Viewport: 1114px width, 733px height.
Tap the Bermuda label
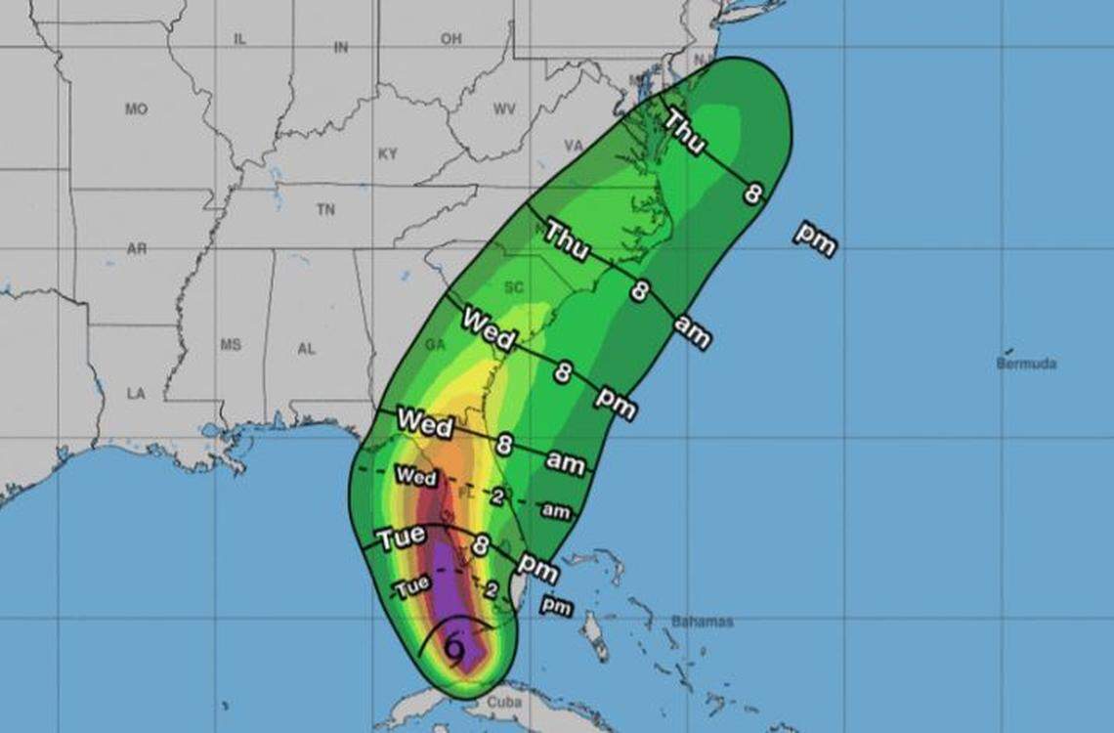pos(1026,364)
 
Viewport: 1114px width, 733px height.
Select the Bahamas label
pos(702,622)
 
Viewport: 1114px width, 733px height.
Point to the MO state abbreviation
pos(136,109)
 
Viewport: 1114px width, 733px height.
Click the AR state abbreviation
pos(137,249)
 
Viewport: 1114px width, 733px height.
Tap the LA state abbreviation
pos(136,393)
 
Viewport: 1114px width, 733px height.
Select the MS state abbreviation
pos(231,345)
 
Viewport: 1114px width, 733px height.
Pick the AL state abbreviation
pos(306,348)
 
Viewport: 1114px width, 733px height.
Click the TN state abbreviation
pos(325,210)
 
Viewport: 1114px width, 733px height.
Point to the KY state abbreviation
pos(388,154)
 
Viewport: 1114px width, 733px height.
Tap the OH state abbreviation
pos(450,39)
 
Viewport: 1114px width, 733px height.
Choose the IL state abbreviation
pos(239,39)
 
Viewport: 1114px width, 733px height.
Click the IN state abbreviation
pos(341,47)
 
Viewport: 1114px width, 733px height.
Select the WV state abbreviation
pos(504,109)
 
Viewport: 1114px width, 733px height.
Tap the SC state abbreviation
pos(514,287)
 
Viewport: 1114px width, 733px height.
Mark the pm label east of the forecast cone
pos(814,238)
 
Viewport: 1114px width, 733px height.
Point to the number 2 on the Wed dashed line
pos(496,497)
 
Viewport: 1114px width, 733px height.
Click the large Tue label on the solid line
pos(402,539)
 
